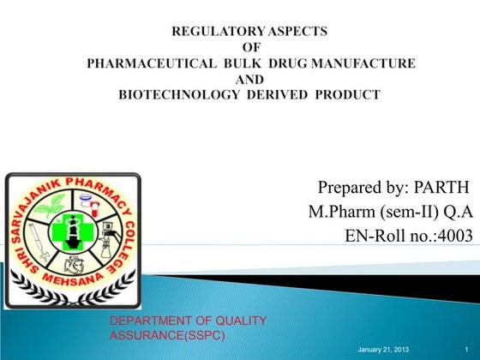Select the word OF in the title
pyautogui.click(x=251, y=47)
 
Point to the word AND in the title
pyautogui.click(x=250, y=79)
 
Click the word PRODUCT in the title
pyautogui.click(x=348, y=94)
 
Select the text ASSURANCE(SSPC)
pyautogui.click(x=168, y=334)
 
